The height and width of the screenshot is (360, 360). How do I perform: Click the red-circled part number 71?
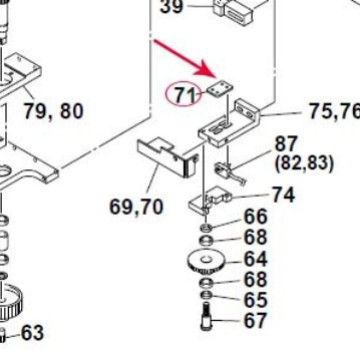pos(183,95)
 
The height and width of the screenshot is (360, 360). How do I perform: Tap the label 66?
pos(255,217)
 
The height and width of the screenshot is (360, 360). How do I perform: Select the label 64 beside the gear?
pos(256,259)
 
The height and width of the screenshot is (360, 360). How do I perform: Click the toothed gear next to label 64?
pos(206,266)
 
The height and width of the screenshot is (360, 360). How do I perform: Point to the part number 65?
pos(256,300)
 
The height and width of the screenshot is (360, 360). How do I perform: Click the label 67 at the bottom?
pos(256,321)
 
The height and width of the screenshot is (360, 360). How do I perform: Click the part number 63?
pos(33,331)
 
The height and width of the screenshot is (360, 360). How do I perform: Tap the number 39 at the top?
pos(172,8)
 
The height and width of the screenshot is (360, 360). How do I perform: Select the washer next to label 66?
pos(205,228)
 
